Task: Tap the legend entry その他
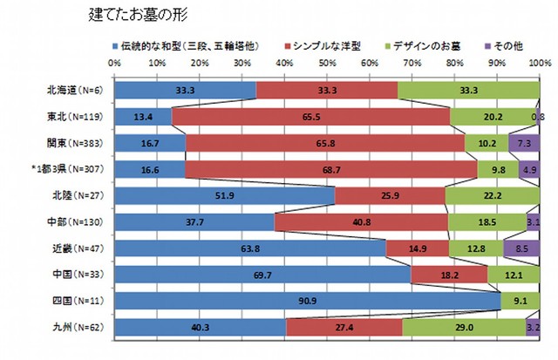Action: tap(509, 44)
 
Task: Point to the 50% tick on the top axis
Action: tap(327, 64)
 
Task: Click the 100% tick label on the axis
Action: tap(538, 64)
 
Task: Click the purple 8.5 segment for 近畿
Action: tap(521, 249)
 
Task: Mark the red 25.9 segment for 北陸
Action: tap(391, 196)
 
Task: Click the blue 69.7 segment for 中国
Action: tap(262, 275)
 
